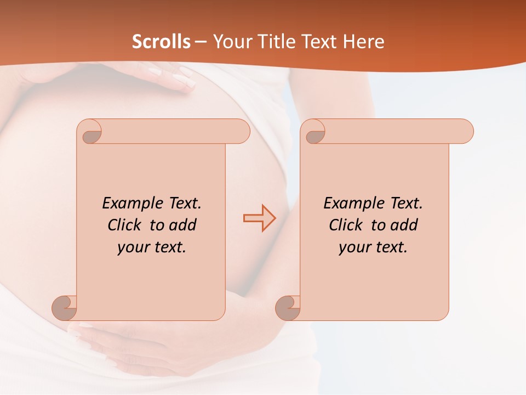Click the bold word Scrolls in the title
point(162,42)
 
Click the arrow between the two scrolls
point(260,218)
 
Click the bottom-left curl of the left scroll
point(65,307)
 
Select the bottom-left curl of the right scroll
point(288,307)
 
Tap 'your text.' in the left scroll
point(152,247)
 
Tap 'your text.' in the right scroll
point(373,247)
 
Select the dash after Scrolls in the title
point(201,42)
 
